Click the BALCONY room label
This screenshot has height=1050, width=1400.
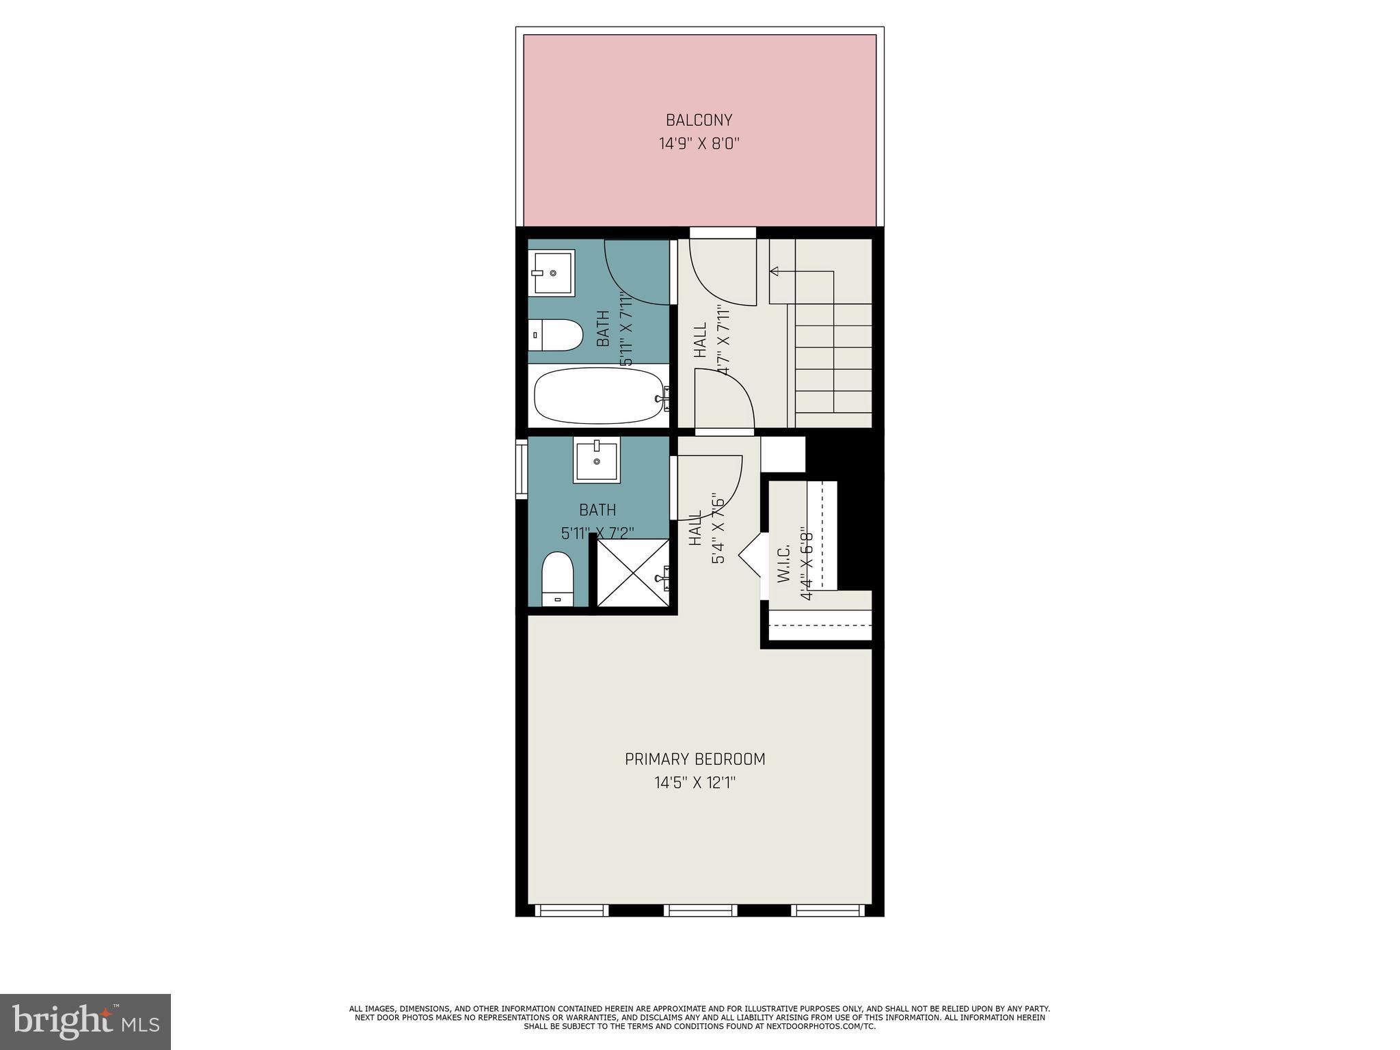[x=699, y=120]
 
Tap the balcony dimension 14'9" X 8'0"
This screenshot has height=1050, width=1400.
[x=699, y=144]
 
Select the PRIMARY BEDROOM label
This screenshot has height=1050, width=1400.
[x=695, y=759]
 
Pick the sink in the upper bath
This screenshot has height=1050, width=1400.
[x=552, y=272]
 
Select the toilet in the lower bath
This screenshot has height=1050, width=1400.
[x=557, y=578]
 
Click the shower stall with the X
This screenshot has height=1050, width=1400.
[x=632, y=573]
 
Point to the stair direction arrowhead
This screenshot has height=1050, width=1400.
[x=774, y=271]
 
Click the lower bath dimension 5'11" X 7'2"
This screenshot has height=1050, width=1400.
[x=597, y=533]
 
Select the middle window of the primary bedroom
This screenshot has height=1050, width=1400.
[x=700, y=910]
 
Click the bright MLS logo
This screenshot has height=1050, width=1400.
[x=85, y=1021]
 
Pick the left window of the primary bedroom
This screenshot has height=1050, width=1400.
[x=571, y=910]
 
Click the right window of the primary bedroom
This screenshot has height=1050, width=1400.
[x=828, y=910]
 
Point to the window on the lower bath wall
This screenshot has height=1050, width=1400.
[x=522, y=469]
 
